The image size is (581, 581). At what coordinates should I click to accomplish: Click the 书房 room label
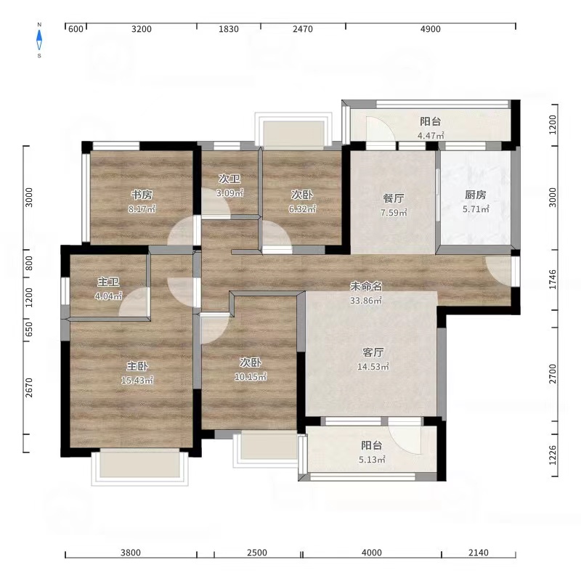pos(142,195)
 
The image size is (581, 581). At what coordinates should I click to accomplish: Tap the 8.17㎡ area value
pos(142,209)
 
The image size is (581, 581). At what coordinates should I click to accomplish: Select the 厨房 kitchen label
pos(476,195)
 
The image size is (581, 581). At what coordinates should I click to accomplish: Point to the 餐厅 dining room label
pos(394,198)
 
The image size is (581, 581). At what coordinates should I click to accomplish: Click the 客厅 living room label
pos(373,352)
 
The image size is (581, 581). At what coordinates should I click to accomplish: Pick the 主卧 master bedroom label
pos(137,366)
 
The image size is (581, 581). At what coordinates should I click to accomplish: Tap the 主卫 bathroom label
pos(108,282)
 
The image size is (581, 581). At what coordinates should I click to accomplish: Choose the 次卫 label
pos(229,179)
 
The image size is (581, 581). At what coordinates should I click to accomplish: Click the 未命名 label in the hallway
pos(366,286)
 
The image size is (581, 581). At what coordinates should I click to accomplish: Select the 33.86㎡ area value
pos(366,301)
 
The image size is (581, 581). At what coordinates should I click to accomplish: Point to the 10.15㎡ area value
pos(251,377)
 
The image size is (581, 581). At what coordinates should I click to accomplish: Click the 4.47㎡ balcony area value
pos(431,136)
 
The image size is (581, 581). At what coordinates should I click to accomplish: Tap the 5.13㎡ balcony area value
pos(372,460)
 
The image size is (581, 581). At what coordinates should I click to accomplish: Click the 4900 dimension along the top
pos(431,29)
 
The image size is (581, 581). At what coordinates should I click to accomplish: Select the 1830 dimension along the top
pos(229,29)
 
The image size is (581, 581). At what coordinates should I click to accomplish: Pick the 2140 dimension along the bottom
pos(479,553)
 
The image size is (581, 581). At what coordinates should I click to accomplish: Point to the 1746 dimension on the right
pos(553,280)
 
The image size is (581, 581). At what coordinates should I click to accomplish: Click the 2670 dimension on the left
pos(29,388)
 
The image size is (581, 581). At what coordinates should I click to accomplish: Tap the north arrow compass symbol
pos(39,40)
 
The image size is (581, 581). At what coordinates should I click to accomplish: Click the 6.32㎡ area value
pos(303,209)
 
